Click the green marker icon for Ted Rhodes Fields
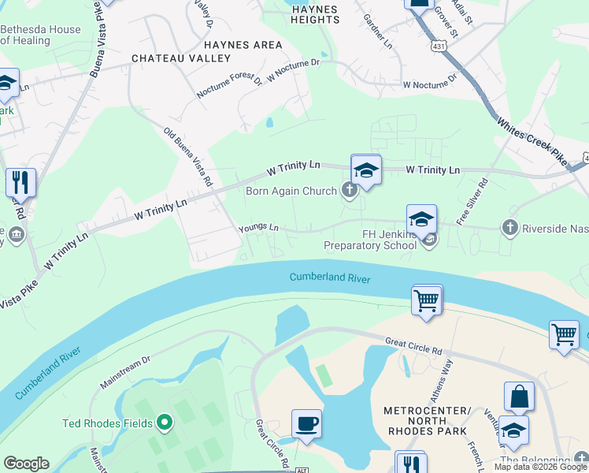(165, 423)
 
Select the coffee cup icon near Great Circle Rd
(306, 424)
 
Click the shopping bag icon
(519, 397)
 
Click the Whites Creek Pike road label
(532, 141)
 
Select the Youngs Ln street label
(259, 229)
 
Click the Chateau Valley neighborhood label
(181, 58)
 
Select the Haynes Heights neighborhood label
(314, 15)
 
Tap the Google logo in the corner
(27, 464)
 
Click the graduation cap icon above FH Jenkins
(421, 218)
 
